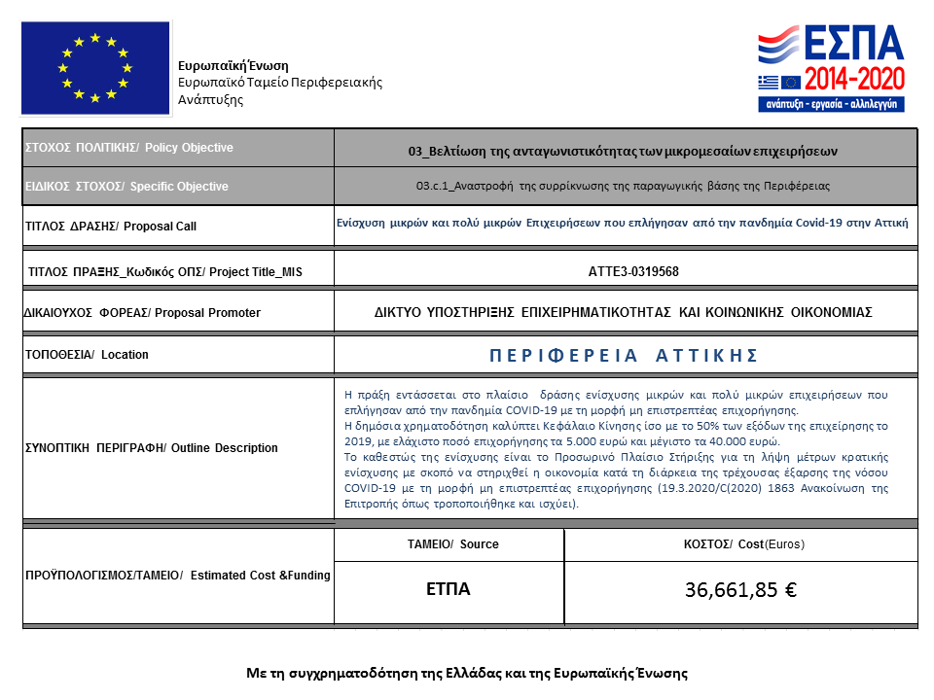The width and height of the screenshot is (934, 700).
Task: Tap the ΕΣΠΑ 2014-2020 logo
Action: coord(831,68)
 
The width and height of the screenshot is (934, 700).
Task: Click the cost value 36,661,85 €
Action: coord(741,590)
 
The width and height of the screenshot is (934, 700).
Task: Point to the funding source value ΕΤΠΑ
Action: coord(449,589)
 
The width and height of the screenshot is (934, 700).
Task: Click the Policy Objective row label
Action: coord(129,148)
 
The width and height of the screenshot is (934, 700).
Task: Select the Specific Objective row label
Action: coord(126,187)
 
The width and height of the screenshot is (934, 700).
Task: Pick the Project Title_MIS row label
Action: coord(165,272)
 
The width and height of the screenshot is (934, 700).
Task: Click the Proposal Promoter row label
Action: coord(142,313)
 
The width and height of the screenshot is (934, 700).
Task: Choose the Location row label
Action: coord(87,355)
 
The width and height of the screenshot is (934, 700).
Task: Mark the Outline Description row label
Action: coord(151,448)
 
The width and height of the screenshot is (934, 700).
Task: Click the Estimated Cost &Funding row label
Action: coord(177,576)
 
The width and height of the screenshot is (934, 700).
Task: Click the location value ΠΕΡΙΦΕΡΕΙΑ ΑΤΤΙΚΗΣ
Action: coord(624,355)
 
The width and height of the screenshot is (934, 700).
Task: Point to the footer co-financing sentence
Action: coord(467,673)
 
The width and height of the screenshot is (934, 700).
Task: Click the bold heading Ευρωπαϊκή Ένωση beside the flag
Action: coord(233,65)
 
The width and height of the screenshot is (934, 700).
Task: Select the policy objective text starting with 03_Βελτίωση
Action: coord(624,151)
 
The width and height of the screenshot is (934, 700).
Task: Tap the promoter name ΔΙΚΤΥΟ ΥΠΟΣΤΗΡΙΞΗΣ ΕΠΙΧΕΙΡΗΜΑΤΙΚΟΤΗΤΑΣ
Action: coord(624,312)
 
